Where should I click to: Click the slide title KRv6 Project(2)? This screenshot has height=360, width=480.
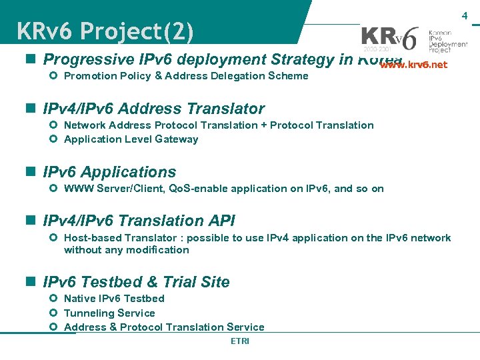coord(105,31)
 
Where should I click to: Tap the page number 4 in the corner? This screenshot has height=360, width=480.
coord(465,15)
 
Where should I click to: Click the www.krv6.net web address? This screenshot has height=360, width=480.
coord(413,65)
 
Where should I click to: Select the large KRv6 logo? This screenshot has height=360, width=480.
coord(390,39)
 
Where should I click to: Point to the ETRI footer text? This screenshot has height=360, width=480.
coord(239,341)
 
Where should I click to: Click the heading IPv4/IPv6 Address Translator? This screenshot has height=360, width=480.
coord(153,109)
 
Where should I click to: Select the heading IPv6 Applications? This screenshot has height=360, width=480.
coord(109,172)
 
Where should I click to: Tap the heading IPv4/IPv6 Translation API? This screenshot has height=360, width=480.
coord(139,221)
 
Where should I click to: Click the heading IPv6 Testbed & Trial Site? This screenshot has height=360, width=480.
coord(136,282)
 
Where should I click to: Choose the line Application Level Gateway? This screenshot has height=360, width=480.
coord(131,139)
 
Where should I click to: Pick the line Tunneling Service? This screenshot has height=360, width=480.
coord(109,313)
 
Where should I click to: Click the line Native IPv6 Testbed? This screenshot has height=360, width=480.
coord(114,299)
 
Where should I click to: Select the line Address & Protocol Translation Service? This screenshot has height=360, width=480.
coord(164,327)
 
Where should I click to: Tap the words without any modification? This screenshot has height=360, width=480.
coord(126,250)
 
